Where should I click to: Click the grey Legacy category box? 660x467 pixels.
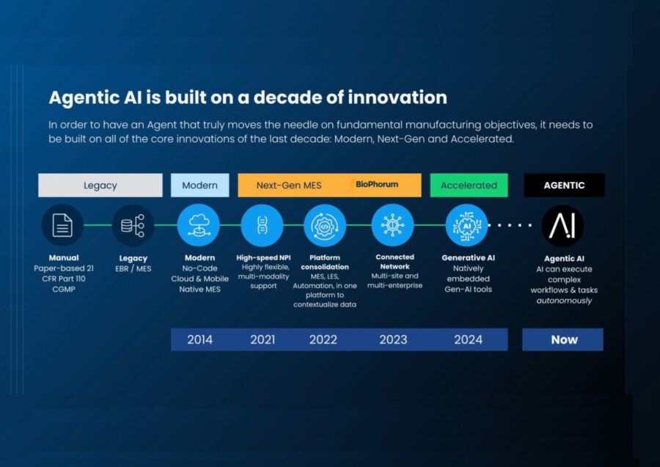(x=100, y=185)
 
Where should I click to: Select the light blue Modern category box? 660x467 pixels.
(x=200, y=185)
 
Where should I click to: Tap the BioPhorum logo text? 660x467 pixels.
(x=377, y=184)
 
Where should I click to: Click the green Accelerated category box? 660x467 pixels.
(x=469, y=185)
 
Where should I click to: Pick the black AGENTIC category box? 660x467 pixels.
(x=564, y=185)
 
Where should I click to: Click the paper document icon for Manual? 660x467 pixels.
(x=62, y=225)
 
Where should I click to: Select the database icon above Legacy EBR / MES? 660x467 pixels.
(x=133, y=226)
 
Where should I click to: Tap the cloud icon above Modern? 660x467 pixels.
(x=199, y=225)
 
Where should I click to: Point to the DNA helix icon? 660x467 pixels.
(x=263, y=225)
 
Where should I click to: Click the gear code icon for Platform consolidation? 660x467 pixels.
(x=325, y=226)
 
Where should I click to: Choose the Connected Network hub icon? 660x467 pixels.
(x=393, y=225)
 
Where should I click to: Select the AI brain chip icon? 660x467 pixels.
(x=467, y=226)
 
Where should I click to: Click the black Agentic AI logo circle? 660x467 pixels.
(x=562, y=226)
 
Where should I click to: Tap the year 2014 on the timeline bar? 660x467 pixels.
(x=200, y=339)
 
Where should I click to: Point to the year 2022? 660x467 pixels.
(x=323, y=339)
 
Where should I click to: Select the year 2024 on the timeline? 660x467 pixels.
(x=468, y=339)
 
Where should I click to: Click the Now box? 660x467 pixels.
(x=562, y=339)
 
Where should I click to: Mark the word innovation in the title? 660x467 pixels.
(x=397, y=98)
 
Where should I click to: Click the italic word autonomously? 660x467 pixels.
(x=564, y=301)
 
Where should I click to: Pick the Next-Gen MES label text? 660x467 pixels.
(x=289, y=185)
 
